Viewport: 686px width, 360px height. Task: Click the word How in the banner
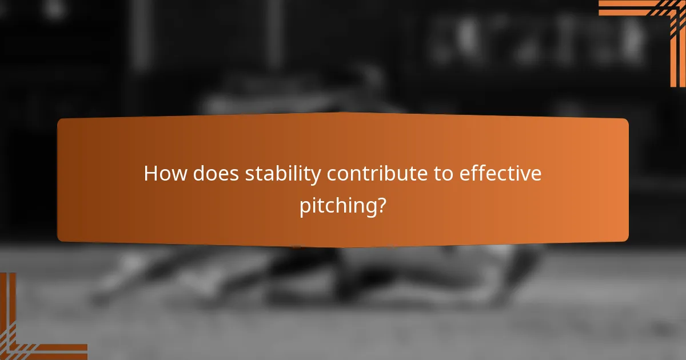click(165, 174)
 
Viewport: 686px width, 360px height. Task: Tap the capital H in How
click(151, 174)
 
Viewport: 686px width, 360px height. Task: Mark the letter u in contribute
click(417, 174)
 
